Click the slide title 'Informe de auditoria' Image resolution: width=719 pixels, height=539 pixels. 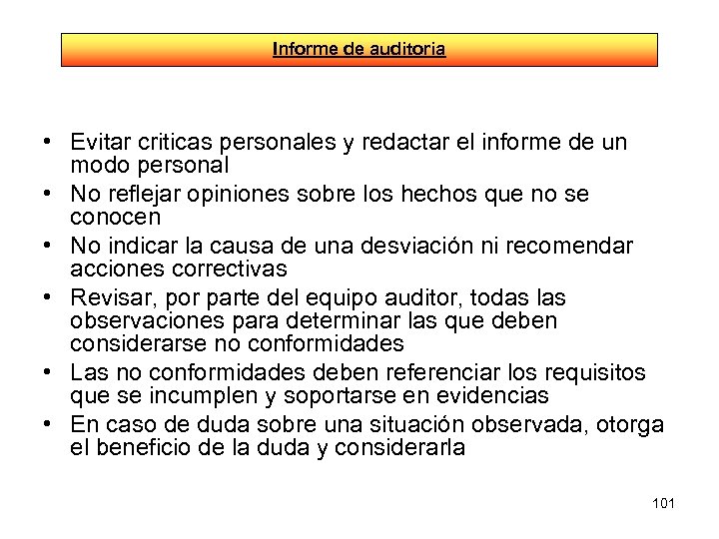tap(359, 48)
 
